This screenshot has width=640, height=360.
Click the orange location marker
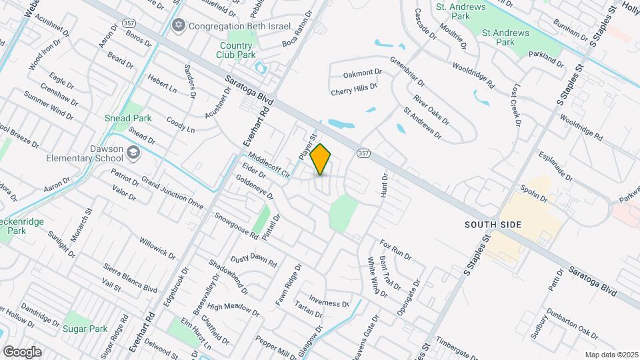(x=321, y=159)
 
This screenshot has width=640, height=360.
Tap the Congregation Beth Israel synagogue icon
(x=178, y=25)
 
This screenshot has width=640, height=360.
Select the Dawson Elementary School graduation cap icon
(x=133, y=153)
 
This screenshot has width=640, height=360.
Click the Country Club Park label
(x=238, y=50)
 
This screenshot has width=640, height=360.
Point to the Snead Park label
(x=128, y=118)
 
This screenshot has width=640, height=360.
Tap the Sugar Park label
(x=85, y=329)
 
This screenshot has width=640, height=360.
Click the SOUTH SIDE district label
(x=492, y=225)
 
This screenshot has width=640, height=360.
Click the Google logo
(x=22, y=351)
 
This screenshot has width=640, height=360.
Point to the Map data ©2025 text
(x=611, y=354)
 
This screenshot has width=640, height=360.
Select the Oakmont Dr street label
(x=362, y=72)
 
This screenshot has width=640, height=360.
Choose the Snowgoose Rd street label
(x=236, y=225)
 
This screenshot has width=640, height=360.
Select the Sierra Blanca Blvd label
(x=130, y=278)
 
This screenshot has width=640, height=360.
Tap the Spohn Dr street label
(x=535, y=194)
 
